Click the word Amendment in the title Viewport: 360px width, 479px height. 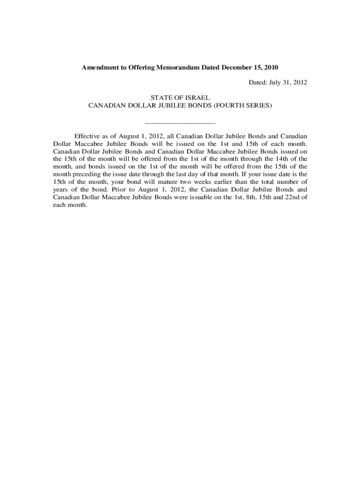click(101, 67)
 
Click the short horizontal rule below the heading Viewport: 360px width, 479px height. click(180, 123)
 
